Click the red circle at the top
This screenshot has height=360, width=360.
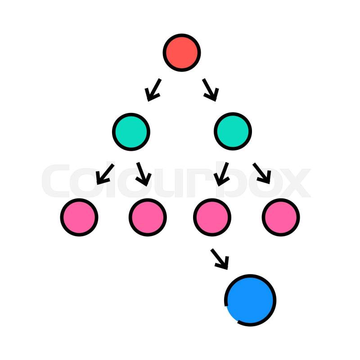(x=182, y=53)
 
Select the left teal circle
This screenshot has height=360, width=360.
(x=131, y=132)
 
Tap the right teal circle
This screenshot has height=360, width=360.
(x=233, y=131)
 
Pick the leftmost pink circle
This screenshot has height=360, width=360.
(x=79, y=217)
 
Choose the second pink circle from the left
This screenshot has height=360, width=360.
(x=148, y=217)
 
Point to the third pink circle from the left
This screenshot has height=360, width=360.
(x=212, y=217)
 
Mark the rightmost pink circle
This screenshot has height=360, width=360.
(x=281, y=217)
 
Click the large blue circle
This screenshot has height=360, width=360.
(x=250, y=300)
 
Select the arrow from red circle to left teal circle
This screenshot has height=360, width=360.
(x=153, y=90)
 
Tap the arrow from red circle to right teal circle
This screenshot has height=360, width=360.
(x=211, y=90)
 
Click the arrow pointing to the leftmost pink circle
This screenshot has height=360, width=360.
(x=105, y=174)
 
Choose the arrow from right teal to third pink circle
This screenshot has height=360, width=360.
(x=221, y=174)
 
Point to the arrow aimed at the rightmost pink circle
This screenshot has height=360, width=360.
(x=262, y=173)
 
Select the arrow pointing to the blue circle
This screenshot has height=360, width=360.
(x=220, y=259)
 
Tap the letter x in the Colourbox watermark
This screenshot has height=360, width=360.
(x=296, y=183)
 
